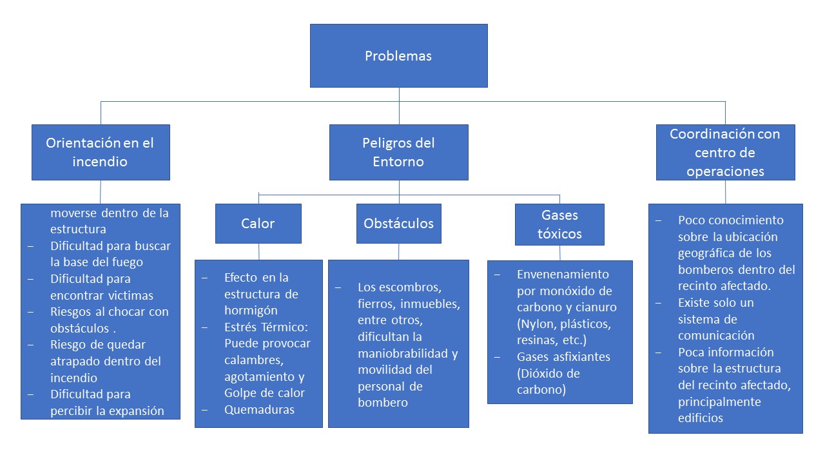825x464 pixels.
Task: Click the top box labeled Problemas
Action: [399, 55]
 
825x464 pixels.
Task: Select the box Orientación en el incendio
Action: [101, 152]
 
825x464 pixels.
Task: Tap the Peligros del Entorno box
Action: [399, 152]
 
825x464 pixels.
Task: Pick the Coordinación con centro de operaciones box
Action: [726, 152]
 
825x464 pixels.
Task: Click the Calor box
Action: [258, 224]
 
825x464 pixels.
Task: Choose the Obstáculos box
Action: [399, 224]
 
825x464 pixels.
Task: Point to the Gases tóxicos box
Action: [559, 224]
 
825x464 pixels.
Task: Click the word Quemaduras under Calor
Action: [259, 409]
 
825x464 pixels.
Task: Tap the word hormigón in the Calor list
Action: [251, 311]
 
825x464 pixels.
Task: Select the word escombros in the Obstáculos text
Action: [399, 287]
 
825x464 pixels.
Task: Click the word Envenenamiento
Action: [563, 275]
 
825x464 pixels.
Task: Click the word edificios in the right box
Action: [701, 418]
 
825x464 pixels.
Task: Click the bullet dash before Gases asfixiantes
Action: [497, 357]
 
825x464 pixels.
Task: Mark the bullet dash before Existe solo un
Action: [659, 303]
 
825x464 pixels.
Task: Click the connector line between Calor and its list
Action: [258, 252]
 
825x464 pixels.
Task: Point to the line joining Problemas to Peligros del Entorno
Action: [399, 106]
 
